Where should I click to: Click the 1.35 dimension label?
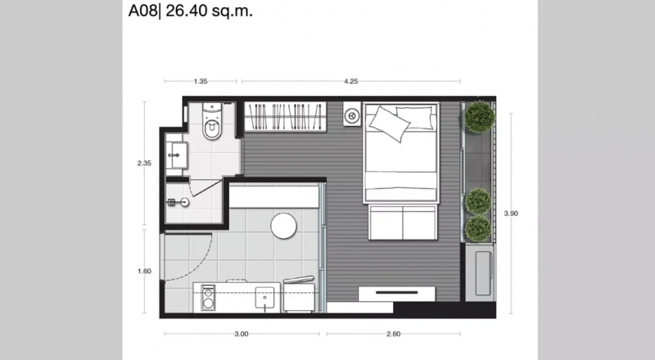[201, 82]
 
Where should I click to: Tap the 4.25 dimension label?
[351, 82]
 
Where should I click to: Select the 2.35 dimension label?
[144, 164]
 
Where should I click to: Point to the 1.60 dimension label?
[144, 271]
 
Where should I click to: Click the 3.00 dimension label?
[242, 334]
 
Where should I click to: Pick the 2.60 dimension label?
[394, 334]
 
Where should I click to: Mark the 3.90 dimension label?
[511, 214]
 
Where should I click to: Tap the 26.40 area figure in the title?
[187, 11]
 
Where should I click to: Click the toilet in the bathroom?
[212, 121]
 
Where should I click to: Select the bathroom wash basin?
[177, 155]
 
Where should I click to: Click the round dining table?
[283, 226]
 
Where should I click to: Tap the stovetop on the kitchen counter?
[208, 297]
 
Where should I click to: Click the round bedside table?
[351, 115]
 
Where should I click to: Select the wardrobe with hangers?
[285, 116]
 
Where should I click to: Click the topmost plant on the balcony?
[480, 117]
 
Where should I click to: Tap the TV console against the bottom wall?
[397, 294]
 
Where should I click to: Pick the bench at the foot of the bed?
[403, 223]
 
